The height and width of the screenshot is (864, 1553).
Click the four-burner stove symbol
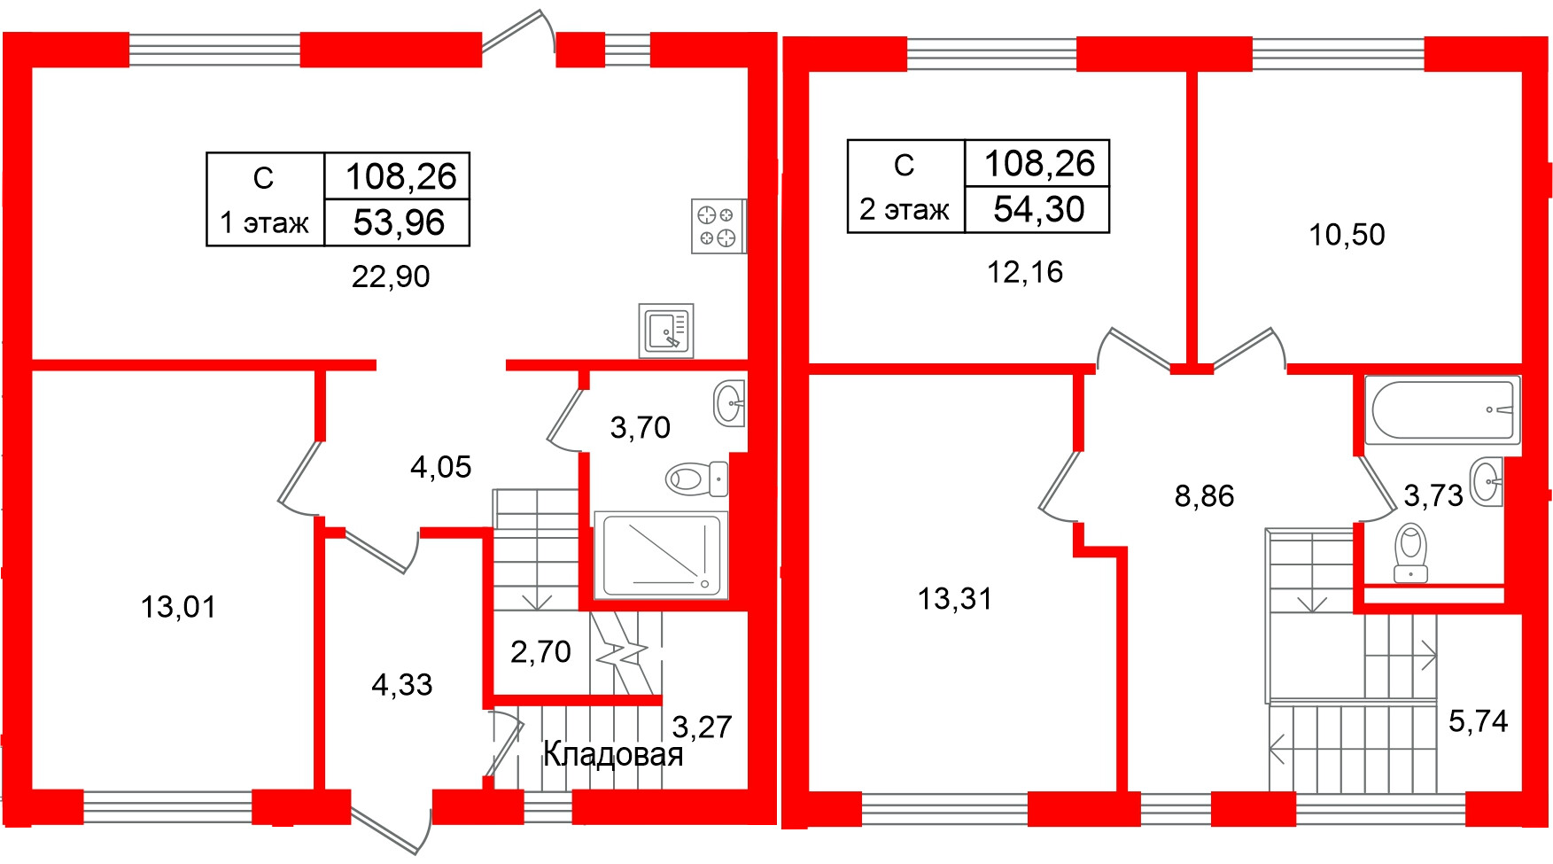pos(718,226)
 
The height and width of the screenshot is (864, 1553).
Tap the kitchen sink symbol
pos(666,331)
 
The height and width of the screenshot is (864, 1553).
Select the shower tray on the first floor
pos(662,555)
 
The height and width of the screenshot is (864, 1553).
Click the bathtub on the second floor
pos(1442,409)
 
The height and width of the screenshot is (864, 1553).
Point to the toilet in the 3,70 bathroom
pos(696,479)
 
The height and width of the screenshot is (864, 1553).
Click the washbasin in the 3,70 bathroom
pos(729,403)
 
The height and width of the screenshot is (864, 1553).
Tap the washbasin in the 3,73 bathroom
pos(1486,482)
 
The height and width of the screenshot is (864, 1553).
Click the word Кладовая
pos(613,754)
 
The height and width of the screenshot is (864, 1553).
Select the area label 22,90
pos(391,276)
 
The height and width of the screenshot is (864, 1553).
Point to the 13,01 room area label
pos(178,607)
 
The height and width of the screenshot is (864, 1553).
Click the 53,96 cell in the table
pos(399,222)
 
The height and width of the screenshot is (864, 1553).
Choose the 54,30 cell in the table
pos(1038,209)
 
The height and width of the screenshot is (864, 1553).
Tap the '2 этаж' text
pos(905,209)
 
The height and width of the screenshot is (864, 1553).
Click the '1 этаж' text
pos(264,222)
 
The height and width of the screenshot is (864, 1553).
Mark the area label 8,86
pos(1204,496)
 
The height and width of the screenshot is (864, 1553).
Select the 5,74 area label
pos(1478,721)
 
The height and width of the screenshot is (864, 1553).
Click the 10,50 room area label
pos(1347,235)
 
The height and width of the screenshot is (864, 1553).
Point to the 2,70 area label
pos(540,652)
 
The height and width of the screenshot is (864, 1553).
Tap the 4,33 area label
pos(402,685)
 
